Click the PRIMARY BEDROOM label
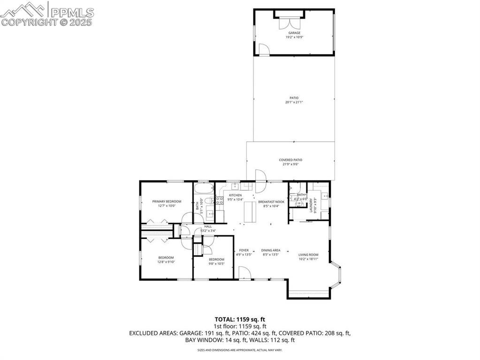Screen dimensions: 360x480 pyautogui.click(x=167, y=201)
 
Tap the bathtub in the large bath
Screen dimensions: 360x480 pyautogui.click(x=204, y=190)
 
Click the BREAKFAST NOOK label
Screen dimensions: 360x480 pyautogui.click(x=271, y=201)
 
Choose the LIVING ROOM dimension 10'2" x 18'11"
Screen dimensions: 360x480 pyautogui.click(x=308, y=259)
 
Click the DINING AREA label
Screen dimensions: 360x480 pyautogui.click(x=271, y=250)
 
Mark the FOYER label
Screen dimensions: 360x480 pyautogui.click(x=244, y=250)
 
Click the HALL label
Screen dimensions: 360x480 pyautogui.click(x=208, y=226)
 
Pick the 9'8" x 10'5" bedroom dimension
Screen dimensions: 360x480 pyautogui.click(x=216, y=264)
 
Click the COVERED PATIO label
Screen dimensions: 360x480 pyautogui.click(x=290, y=160)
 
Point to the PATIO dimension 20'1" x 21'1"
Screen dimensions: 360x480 pyautogui.click(x=294, y=102)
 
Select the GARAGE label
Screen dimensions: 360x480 pyautogui.click(x=294, y=33)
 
